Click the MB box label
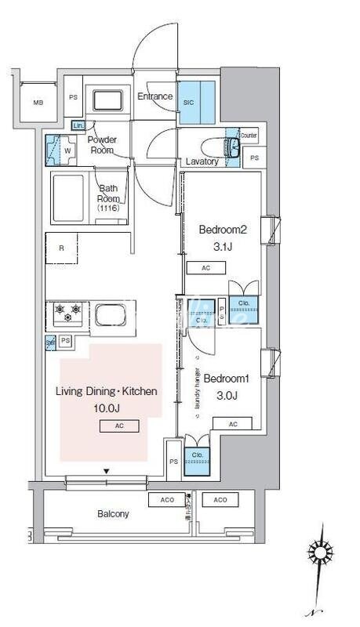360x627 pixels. click(38, 103)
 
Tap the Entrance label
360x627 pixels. click(155, 97)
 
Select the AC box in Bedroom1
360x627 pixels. click(233, 423)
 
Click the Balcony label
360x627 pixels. click(113, 514)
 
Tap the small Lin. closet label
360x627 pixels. click(78, 125)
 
